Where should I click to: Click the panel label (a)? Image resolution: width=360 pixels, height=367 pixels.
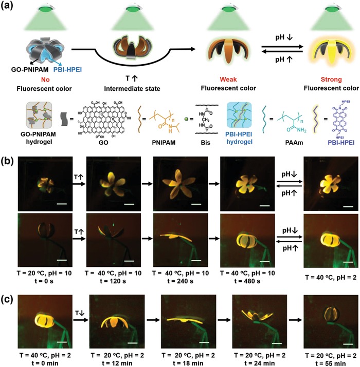point(10,7)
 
